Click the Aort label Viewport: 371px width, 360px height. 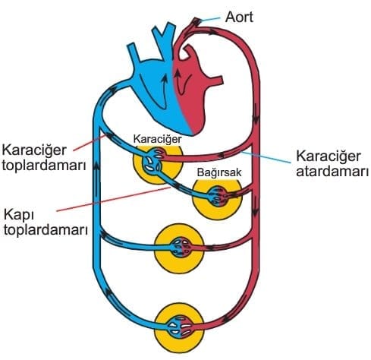239,17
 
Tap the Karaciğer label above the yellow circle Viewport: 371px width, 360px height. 157,139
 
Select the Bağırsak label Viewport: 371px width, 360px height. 219,172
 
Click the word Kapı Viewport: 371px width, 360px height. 19,216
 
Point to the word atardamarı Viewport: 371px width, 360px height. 332,172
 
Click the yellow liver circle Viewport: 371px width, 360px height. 158,165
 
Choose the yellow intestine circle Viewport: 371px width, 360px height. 217,199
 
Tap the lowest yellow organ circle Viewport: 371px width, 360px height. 179,328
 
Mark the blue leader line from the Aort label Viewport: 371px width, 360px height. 211,19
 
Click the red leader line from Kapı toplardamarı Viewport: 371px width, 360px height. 113,199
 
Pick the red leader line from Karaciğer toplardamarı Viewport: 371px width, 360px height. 89,143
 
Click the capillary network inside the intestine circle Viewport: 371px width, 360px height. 218,196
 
